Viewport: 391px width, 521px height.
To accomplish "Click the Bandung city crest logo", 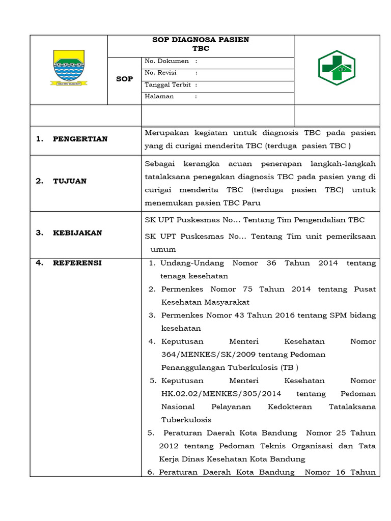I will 68,69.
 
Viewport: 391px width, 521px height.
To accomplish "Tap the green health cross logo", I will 337,68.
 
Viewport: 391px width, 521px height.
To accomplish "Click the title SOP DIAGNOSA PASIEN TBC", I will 201,44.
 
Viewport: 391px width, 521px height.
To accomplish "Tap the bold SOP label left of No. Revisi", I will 124,79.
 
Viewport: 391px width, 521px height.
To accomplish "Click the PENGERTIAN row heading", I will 80,139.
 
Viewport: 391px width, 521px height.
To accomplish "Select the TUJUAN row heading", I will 70,181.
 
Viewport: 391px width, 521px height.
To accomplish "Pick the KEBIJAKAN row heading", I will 77,233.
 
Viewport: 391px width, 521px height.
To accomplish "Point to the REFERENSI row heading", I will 77,263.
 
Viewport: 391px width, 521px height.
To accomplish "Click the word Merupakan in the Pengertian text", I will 166,133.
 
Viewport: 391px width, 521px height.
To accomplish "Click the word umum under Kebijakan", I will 163,249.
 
